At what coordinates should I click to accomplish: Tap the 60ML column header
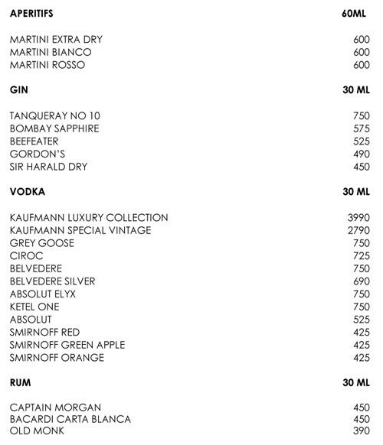point(356,14)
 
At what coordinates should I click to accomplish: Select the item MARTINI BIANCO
point(50,52)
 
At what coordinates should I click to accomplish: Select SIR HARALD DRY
point(49,167)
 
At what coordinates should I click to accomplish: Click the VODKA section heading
point(27,192)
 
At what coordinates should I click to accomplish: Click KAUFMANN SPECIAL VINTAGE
point(80,230)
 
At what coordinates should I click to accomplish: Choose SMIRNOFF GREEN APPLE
point(67,345)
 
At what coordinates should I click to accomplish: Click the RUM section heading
point(21,382)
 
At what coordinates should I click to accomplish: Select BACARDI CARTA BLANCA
point(70,420)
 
